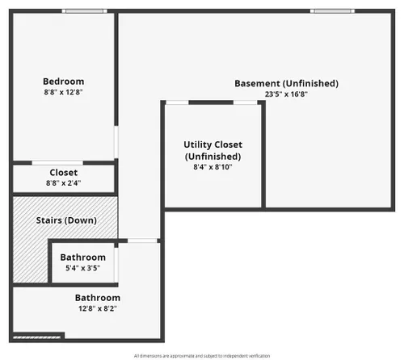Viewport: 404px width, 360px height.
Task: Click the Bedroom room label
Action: pyautogui.click(x=64, y=82)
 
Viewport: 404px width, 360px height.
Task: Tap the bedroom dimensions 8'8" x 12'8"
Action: pyautogui.click(x=63, y=92)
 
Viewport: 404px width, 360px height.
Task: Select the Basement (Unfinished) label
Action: pyautogui.click(x=286, y=83)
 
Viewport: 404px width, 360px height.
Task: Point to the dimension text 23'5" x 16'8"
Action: pyautogui.click(x=286, y=94)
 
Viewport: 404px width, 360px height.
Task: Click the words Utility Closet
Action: pyautogui.click(x=213, y=144)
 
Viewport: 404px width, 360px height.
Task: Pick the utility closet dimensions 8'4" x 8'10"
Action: pyautogui.click(x=213, y=167)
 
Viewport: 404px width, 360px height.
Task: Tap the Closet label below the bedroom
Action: pyautogui.click(x=64, y=173)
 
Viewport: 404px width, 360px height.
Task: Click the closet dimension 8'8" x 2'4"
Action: pyautogui.click(x=64, y=183)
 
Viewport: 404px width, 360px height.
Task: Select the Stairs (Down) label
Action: pyautogui.click(x=66, y=220)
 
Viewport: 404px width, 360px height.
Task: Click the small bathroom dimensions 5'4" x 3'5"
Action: pyautogui.click(x=83, y=268)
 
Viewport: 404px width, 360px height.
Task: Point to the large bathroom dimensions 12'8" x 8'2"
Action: pyautogui.click(x=98, y=308)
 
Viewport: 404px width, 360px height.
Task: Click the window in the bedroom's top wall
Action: pyautogui.click(x=85, y=11)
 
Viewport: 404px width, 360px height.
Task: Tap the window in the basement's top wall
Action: pyautogui.click(x=332, y=11)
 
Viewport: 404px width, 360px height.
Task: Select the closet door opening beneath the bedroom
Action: pyautogui.click(x=57, y=163)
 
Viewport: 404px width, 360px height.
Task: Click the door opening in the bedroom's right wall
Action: pyautogui.click(x=116, y=142)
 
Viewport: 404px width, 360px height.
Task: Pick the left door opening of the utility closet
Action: pyautogui.click(x=177, y=103)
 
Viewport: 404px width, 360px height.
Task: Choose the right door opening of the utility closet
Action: pyautogui.click(x=246, y=103)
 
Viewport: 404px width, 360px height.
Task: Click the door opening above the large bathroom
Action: pyautogui.click(x=142, y=241)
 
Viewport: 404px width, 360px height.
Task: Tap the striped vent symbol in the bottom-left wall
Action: pyautogui.click(x=37, y=337)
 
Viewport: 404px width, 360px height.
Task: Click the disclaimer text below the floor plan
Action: pyautogui.click(x=202, y=356)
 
